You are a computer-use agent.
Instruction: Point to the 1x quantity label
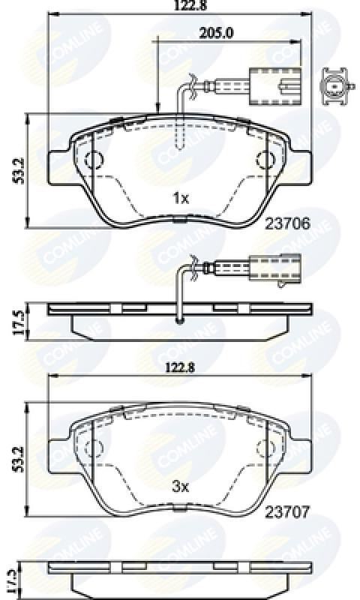180,198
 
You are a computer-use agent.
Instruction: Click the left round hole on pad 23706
94,160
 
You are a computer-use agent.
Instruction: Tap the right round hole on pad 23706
265,160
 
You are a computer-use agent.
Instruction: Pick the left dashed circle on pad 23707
94,448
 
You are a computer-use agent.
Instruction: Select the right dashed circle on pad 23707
265,448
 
